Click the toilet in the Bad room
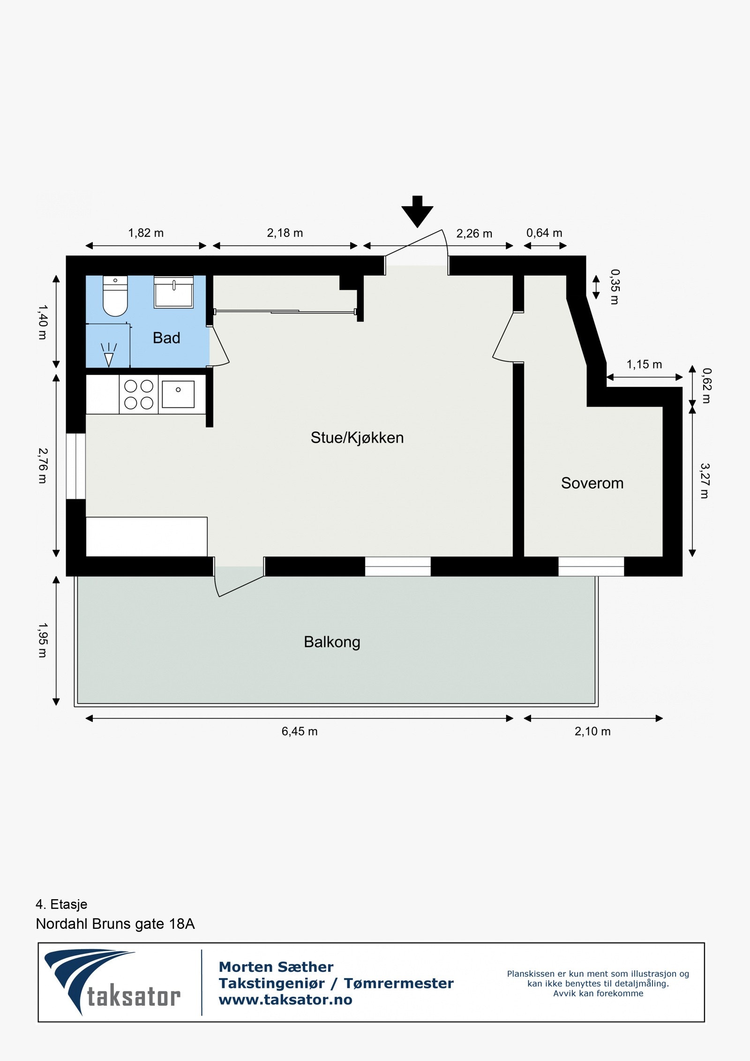(115, 297)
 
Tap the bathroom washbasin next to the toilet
(173, 292)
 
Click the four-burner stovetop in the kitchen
(139, 394)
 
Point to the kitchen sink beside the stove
(178, 394)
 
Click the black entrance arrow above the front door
(417, 212)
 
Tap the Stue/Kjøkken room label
(357, 437)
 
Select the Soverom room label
(592, 483)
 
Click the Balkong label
(332, 642)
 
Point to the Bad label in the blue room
(166, 338)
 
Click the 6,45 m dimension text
(299, 731)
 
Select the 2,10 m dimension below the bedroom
(592, 731)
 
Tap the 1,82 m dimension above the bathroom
(146, 233)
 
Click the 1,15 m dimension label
(644, 364)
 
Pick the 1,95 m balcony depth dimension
(42, 640)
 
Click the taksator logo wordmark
(134, 996)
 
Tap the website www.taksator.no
(285, 1000)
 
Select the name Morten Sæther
(276, 967)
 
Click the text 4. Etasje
(61, 904)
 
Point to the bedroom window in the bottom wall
(591, 566)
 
